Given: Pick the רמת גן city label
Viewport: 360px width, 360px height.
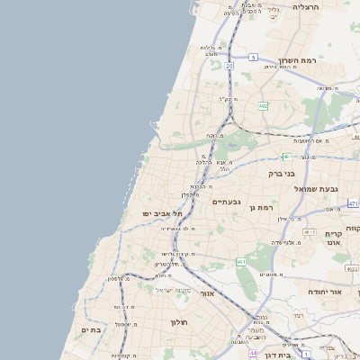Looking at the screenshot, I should [261, 207].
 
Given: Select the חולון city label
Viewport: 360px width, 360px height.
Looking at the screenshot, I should [176, 321].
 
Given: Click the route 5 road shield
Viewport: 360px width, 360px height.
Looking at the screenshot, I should [254, 57].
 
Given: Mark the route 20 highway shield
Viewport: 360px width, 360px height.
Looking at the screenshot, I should [229, 66].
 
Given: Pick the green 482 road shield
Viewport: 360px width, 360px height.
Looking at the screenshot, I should [263, 106].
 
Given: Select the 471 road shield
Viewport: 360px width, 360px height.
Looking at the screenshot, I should [354, 203].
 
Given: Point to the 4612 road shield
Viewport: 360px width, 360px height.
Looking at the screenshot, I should [310, 232].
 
